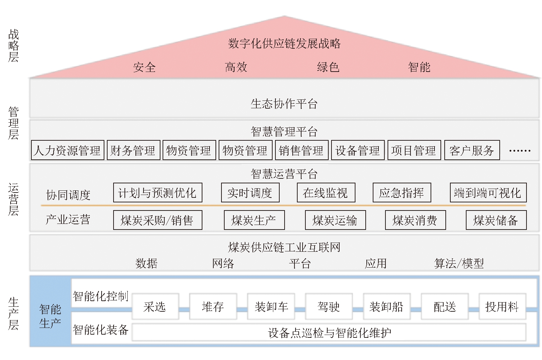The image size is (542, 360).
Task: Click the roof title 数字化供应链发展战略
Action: click(x=284, y=44)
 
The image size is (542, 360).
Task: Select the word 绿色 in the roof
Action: click(x=328, y=67)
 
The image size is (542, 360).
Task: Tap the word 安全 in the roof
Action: click(x=144, y=67)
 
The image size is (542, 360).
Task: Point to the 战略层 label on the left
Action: click(x=13, y=45)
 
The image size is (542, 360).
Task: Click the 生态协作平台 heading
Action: click(x=284, y=104)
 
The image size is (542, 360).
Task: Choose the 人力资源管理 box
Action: click(x=67, y=150)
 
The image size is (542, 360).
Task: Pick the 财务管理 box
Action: click(x=134, y=150)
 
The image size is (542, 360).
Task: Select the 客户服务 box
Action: click(x=472, y=150)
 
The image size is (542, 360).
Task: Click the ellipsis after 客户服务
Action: click(x=520, y=151)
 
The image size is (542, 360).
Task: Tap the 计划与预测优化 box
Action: click(x=158, y=193)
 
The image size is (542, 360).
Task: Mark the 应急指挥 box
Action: click(x=402, y=193)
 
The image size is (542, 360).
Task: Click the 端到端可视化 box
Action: click(x=488, y=193)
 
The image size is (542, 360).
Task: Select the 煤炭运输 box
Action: click(x=335, y=220)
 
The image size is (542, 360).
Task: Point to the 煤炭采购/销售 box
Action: click(x=158, y=220)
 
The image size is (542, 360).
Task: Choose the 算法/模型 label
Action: click(x=459, y=263)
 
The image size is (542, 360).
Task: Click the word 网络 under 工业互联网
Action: click(x=223, y=263)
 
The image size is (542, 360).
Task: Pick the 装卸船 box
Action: click(x=386, y=307)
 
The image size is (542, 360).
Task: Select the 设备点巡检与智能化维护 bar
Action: click(x=329, y=332)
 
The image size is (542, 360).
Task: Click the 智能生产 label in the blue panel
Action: click(x=50, y=316)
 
